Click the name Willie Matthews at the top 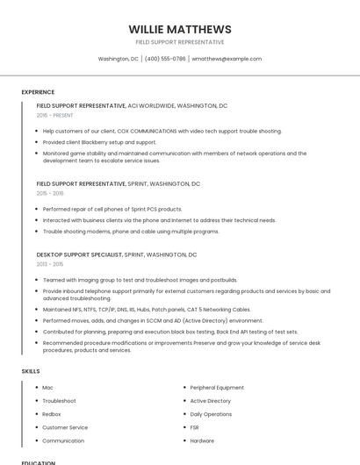180,29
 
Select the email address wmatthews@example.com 227,59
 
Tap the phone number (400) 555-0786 165,59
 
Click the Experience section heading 38,92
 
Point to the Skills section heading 31,371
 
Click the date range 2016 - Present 54,115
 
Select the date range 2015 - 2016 50,193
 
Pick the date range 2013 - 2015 50,263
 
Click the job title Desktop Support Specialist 79,254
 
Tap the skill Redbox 52,414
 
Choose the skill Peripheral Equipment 217,387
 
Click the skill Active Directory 210,401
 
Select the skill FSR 196,427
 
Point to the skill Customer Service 65,427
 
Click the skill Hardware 202,440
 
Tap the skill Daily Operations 211,414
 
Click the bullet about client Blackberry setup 99,142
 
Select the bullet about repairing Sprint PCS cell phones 112,210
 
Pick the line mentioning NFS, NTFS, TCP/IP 147,310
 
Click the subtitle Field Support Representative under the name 180,42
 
